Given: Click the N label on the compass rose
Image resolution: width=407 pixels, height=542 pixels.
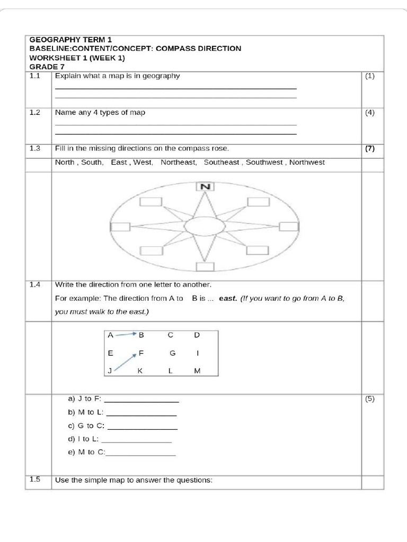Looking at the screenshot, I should point(206,186).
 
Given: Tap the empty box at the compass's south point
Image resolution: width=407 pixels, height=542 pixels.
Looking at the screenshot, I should point(205,266).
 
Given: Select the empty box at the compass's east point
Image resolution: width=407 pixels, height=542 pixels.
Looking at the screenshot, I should point(288,227).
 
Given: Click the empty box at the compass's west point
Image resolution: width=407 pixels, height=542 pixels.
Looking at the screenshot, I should point(120,227).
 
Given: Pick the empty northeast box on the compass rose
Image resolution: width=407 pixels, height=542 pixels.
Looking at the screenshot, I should point(258,202).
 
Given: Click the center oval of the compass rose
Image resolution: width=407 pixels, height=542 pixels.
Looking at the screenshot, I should point(205,226).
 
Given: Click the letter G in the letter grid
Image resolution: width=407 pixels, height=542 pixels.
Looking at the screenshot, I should point(172,353).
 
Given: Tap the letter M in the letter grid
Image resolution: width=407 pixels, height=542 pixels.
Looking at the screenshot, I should point(197,371).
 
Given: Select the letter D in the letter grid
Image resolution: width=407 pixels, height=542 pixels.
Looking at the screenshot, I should point(197,335).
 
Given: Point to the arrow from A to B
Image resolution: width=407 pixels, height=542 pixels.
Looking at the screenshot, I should point(126,335).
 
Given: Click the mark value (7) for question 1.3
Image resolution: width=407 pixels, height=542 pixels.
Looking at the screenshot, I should point(369,149).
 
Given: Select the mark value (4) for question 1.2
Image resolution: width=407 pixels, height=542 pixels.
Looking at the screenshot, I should point(369,113).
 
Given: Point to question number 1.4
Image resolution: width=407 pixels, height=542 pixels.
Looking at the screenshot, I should point(35,285).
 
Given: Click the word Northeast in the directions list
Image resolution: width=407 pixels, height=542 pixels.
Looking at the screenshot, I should point(179,162).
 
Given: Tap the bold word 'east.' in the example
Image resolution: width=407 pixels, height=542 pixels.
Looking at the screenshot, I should point(227,299).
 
